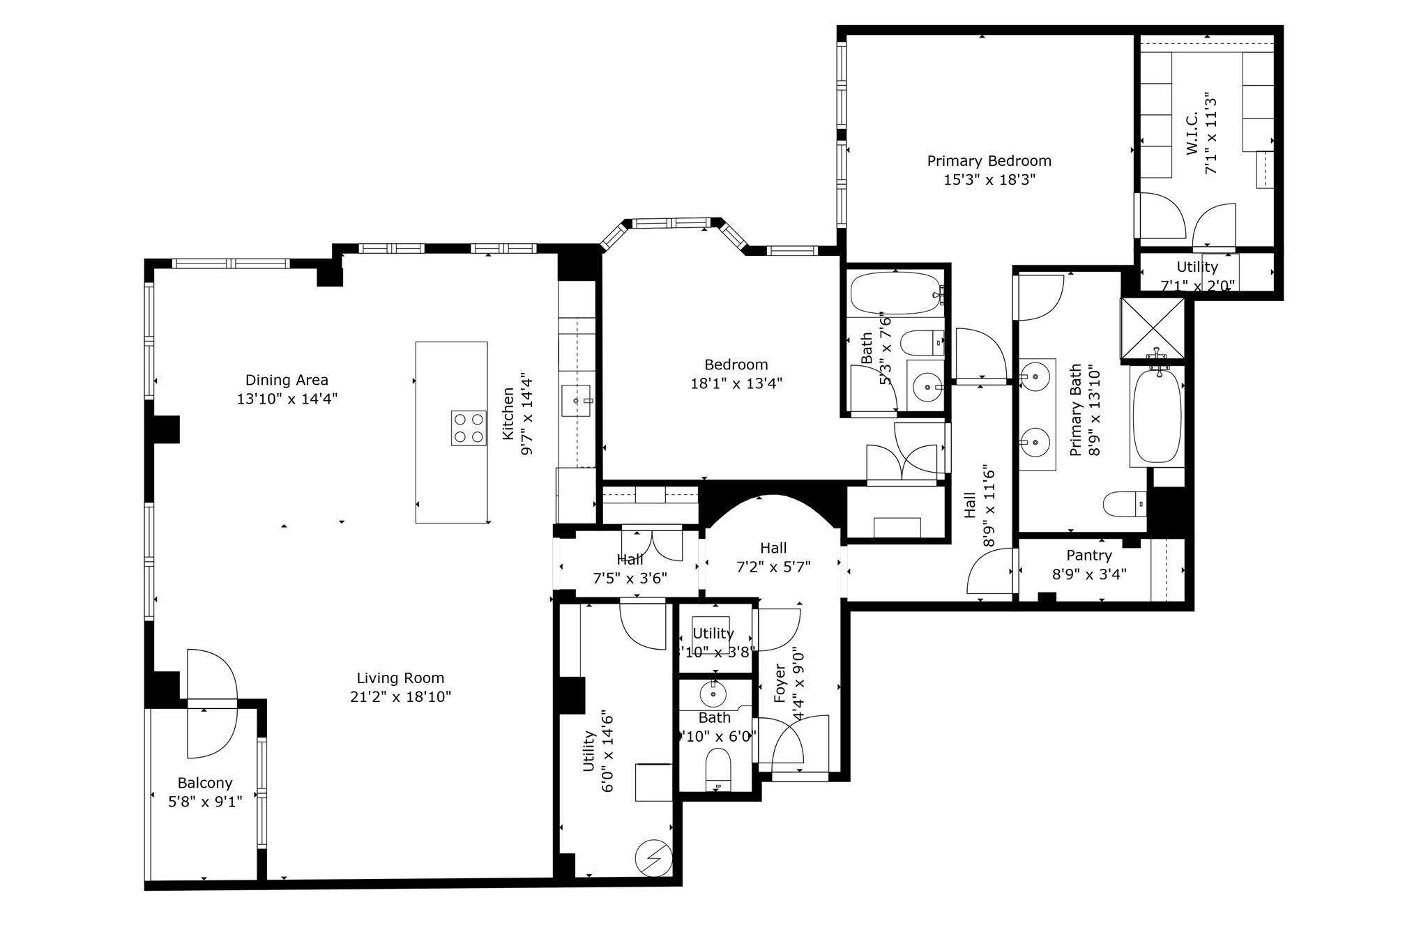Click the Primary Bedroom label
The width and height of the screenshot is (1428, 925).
point(989,161)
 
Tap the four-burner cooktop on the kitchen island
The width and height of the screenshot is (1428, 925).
point(469,428)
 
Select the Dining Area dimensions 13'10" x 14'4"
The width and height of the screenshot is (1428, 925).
point(287,399)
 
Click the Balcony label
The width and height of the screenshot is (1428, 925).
point(204,783)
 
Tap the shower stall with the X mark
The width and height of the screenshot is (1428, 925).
point(1152,330)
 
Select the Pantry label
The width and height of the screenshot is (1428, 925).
point(1088,556)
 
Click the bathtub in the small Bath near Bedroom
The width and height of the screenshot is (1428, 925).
point(895,293)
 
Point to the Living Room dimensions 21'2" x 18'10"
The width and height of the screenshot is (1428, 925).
point(400,696)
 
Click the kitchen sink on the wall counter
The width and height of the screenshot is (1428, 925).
point(576,401)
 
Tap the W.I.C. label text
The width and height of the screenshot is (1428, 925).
point(1192,134)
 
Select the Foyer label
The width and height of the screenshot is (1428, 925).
point(780,683)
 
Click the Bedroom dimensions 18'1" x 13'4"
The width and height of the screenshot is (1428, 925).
point(736,383)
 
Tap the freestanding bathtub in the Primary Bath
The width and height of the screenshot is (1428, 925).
point(1157,416)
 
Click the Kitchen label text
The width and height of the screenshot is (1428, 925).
point(508,414)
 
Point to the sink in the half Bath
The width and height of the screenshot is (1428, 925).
point(713,694)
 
